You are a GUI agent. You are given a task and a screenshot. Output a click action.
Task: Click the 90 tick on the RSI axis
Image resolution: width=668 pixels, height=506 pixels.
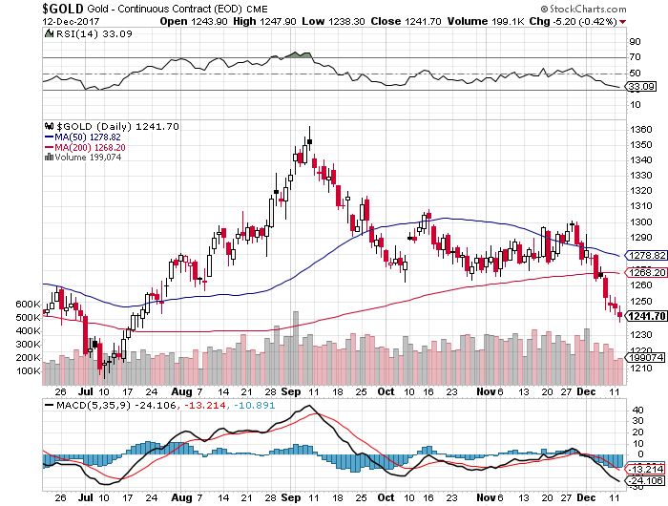(633, 42)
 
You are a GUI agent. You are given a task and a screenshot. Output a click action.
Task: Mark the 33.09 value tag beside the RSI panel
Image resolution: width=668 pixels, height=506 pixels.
(638, 87)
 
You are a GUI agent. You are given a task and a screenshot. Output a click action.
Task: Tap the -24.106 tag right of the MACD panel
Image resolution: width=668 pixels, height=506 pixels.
(642, 482)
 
